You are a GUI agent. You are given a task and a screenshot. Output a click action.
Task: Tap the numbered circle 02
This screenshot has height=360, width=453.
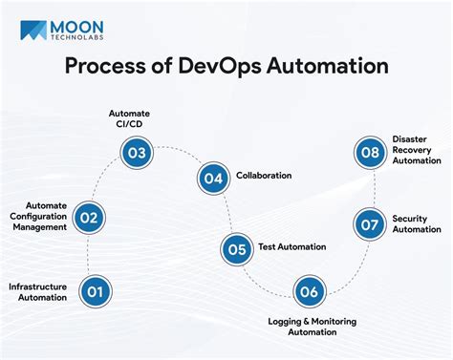point(89,217)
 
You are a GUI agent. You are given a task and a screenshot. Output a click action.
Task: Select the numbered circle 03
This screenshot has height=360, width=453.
point(137,151)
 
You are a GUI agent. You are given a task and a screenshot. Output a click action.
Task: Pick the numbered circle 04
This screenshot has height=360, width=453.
point(213,177)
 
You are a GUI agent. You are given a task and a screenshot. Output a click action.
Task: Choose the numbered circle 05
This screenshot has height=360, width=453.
point(235,248)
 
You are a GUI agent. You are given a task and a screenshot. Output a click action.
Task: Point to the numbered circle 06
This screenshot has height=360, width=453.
point(307,291)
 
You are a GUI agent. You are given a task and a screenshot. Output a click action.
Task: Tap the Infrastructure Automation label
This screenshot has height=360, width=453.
point(38,291)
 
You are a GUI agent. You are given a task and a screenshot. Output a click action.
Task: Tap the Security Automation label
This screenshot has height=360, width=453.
point(417,223)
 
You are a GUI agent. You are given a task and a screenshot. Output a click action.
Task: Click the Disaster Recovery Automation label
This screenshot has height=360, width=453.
point(417,149)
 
